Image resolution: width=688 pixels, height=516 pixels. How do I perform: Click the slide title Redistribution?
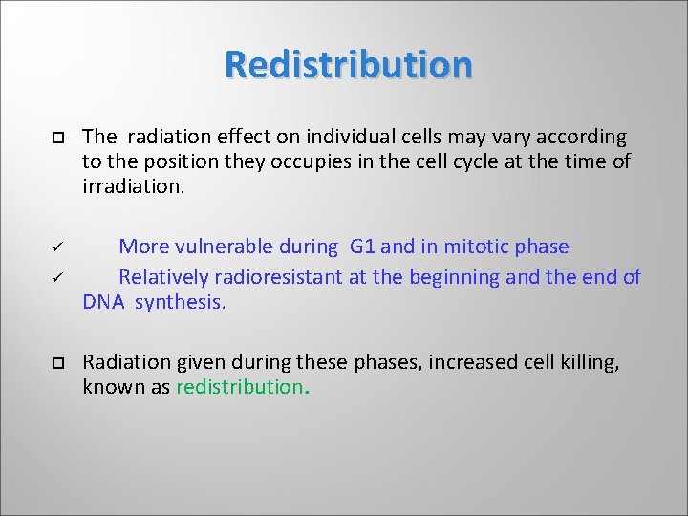[349, 65]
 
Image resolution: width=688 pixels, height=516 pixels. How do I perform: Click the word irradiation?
[133, 185]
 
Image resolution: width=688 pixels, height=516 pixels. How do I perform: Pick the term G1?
[363, 247]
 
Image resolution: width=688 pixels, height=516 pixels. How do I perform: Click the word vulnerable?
[226, 247]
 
